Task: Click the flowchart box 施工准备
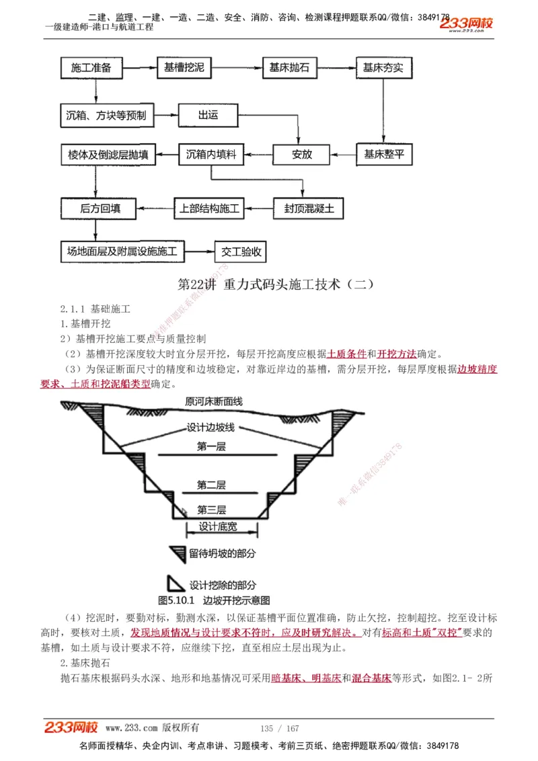[95, 68]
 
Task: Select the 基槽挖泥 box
[184, 68]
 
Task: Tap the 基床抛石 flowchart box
[289, 68]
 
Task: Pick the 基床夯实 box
[383, 68]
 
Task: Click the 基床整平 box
[384, 154]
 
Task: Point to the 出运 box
[208, 115]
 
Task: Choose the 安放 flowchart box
[302, 154]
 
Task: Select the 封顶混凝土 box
[304, 208]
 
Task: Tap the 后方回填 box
[100, 208]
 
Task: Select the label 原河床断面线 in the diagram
[214, 402]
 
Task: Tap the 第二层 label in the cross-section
[211, 485]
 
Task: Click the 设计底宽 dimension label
[218, 527]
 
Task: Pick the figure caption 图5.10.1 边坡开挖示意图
[214, 600]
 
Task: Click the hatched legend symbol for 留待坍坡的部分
[177, 553]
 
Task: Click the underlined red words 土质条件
[347, 354]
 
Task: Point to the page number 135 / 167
[279, 728]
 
